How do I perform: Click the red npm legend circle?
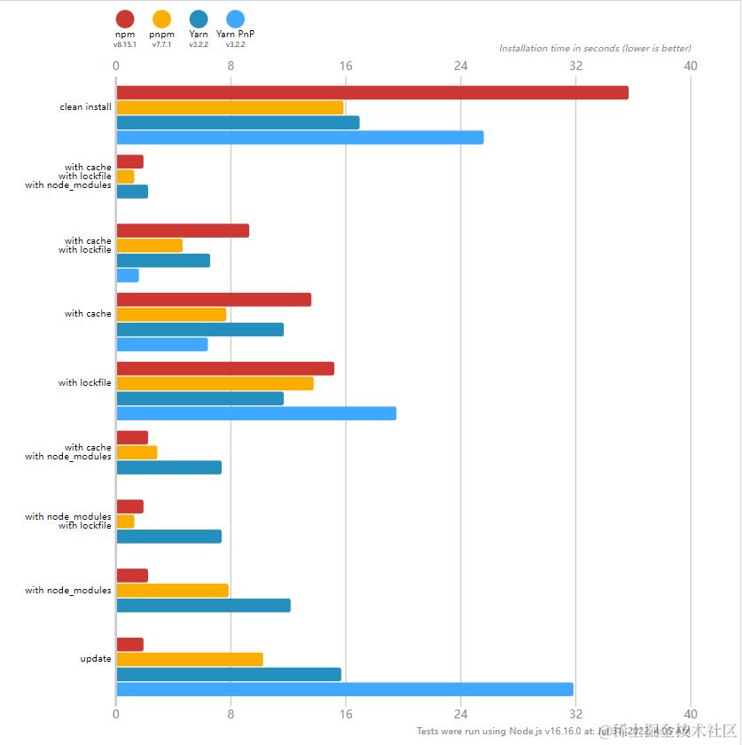(125, 19)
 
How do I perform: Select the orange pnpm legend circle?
(161, 19)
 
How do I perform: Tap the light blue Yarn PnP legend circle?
(235, 19)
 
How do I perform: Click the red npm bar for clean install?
(371, 93)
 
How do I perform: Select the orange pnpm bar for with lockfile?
(215, 384)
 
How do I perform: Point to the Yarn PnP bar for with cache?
(161, 344)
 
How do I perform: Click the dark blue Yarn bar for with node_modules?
(203, 606)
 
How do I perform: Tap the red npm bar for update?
(129, 645)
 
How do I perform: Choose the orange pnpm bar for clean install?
(230, 107)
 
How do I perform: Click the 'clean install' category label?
(86, 107)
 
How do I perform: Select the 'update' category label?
(96, 659)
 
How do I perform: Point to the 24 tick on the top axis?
(461, 66)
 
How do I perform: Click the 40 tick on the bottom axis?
(691, 714)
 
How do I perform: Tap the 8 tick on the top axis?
(231, 66)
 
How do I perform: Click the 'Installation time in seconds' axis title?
(594, 49)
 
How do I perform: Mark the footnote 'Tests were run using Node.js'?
(497, 732)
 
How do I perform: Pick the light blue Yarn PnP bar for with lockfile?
(256, 413)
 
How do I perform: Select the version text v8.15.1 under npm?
(125, 44)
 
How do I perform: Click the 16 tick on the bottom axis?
(346, 714)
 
